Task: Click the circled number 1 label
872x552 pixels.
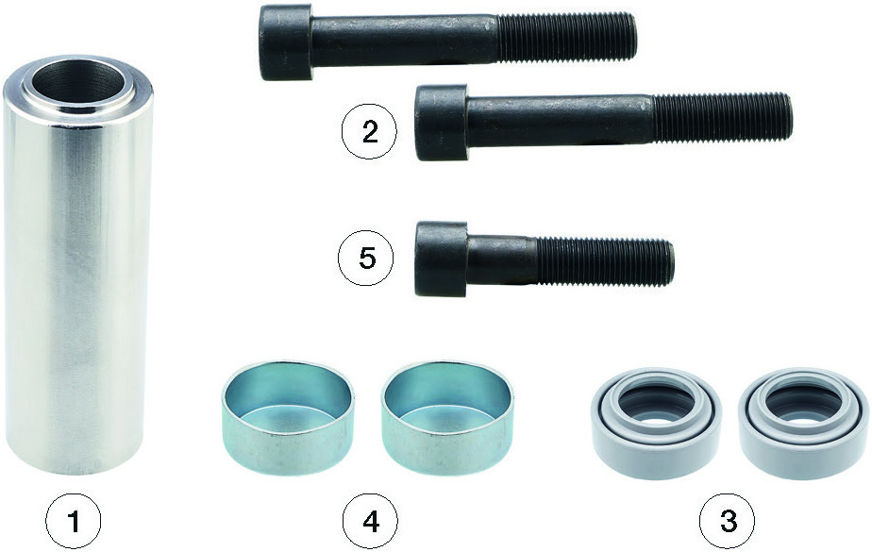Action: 74,522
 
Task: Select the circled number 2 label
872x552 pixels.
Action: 369,132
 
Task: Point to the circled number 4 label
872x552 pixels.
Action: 370,522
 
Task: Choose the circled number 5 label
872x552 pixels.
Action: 366,259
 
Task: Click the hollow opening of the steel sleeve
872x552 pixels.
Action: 78,83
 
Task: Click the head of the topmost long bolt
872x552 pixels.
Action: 285,42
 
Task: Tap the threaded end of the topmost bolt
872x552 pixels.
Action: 566,37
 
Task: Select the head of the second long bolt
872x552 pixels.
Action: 442,123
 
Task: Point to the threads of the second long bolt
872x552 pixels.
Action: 722,117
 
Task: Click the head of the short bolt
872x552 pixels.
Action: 442,259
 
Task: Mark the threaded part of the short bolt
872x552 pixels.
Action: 605,261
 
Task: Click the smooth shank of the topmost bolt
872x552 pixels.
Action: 404,40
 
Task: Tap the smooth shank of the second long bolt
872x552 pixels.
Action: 560,120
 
